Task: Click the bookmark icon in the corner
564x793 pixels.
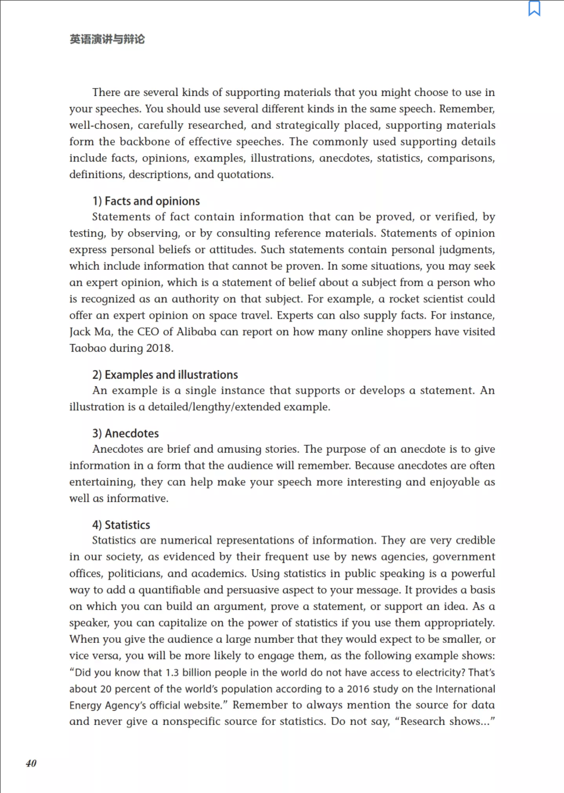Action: [x=534, y=9]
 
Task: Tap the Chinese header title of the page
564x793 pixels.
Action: [x=107, y=39]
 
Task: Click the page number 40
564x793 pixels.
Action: [x=31, y=763]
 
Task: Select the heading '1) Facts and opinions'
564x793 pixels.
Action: [x=146, y=201]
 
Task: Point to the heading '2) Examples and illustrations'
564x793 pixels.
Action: [x=165, y=375]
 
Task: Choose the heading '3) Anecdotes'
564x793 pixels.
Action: [x=126, y=434]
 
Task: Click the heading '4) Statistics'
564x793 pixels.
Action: [x=121, y=525]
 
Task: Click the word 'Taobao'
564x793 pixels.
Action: [x=87, y=348]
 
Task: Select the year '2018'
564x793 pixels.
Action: [x=158, y=348]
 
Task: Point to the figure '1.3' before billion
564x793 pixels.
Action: [x=172, y=673]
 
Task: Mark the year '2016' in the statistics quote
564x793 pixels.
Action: [x=358, y=689]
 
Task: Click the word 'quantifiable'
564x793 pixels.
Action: [x=170, y=590]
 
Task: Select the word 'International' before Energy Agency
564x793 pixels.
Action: [x=465, y=689]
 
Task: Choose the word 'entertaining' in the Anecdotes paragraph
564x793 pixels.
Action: [x=101, y=482]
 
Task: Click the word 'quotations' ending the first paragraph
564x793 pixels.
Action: [x=244, y=175]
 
